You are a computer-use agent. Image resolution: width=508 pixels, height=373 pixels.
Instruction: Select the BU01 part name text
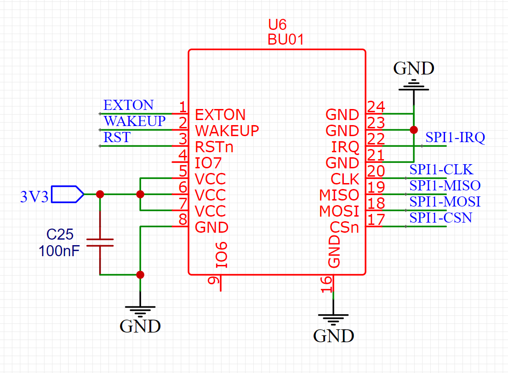point(285,40)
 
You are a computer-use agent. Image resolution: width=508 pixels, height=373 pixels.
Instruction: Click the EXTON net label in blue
point(128,105)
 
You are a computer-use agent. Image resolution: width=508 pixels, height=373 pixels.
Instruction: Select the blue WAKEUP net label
point(134,121)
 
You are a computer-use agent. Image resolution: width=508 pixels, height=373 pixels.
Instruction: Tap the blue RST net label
point(117,138)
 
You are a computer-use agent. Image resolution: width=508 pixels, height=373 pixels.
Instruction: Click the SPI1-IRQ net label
point(455,138)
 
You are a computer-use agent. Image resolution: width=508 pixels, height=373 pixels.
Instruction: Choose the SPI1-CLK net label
point(441,170)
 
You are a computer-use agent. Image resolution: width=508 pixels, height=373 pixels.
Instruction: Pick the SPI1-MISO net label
point(445,186)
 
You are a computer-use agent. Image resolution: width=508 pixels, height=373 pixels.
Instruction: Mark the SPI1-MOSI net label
point(445,202)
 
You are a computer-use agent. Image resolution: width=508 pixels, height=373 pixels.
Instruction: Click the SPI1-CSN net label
point(441,218)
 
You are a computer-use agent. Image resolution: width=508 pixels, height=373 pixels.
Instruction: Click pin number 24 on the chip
point(376,107)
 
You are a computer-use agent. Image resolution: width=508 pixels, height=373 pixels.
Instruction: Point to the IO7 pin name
point(208,163)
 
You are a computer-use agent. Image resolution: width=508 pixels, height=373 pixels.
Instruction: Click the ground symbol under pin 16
point(333,317)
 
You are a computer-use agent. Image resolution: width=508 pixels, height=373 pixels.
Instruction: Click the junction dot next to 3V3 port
point(100,195)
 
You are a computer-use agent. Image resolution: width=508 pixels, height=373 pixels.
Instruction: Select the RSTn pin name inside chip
point(214,147)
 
